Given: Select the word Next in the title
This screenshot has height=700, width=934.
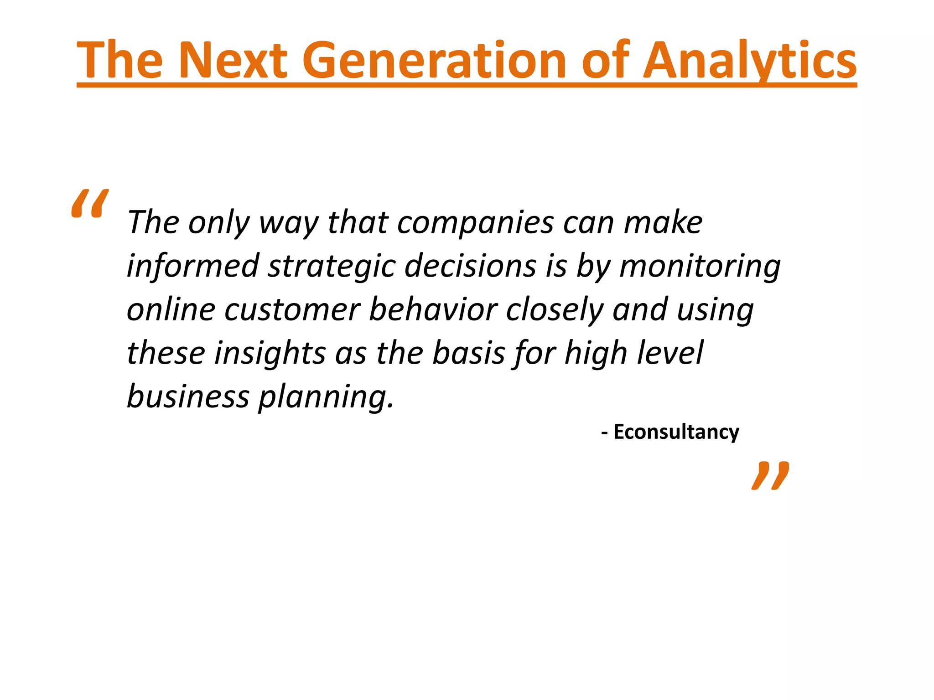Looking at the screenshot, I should (233, 61).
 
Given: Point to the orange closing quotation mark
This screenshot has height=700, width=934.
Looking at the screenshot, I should (770, 476).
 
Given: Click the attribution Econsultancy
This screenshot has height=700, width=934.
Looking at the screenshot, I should (676, 432).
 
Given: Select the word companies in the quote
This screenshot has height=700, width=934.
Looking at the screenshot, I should (476, 223).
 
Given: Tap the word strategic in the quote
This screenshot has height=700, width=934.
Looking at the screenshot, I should (332, 266).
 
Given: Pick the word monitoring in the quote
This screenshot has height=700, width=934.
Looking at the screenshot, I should (700, 266).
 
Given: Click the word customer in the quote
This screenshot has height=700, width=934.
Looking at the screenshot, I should (292, 309).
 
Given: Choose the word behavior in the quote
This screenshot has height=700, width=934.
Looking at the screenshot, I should (433, 309).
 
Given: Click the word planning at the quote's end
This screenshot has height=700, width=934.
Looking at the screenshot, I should (326, 397).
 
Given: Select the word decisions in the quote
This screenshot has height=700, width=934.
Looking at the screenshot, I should (470, 266).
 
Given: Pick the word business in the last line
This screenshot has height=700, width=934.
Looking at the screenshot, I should (188, 397).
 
